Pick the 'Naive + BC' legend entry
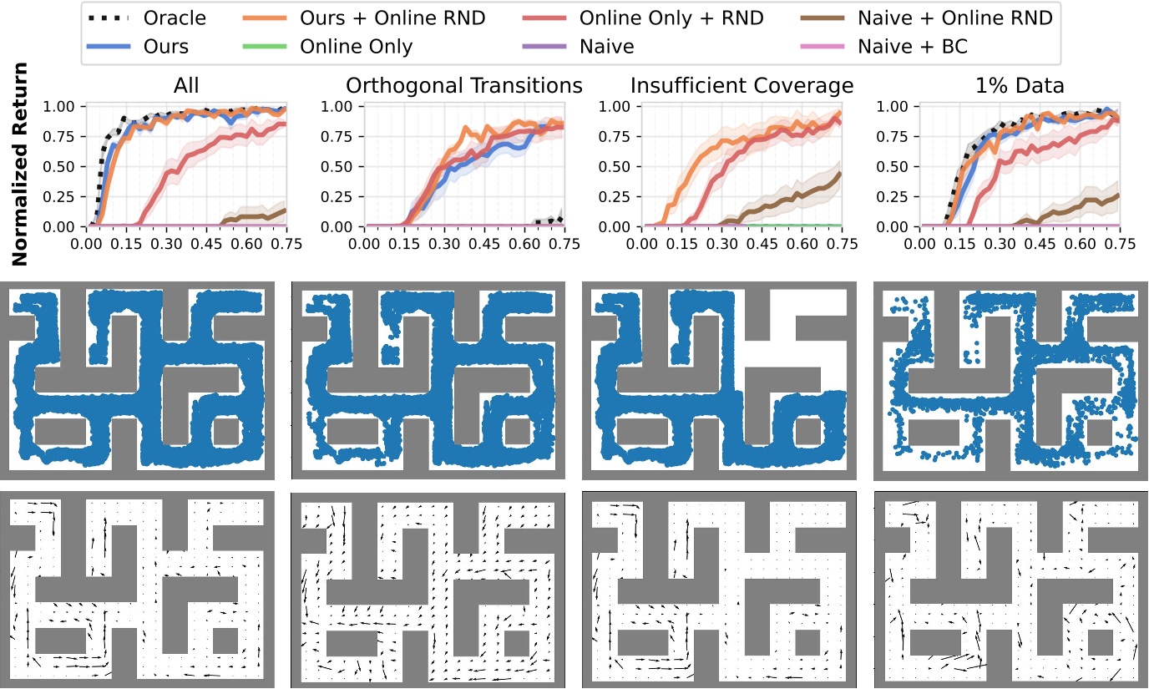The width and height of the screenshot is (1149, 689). [912, 46]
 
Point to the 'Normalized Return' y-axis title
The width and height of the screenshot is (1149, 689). [20, 164]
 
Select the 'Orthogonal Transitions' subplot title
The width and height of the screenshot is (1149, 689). [464, 85]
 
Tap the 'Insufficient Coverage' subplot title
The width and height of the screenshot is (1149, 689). [742, 85]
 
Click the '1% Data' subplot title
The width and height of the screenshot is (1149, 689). [1019, 85]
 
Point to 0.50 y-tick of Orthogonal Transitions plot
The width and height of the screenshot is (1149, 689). [338, 166]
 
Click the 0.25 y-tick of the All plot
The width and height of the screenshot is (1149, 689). [61, 196]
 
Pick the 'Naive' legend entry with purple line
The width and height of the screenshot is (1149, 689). [606, 46]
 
